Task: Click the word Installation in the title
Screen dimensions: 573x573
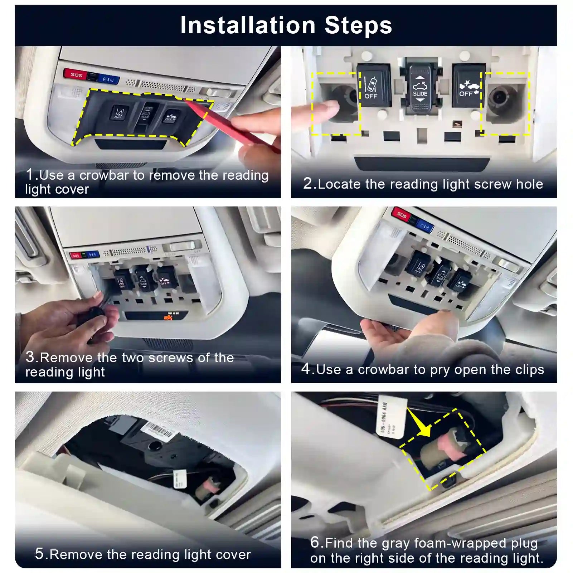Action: [x=248, y=25]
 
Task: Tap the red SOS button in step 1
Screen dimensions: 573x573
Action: [x=76, y=74]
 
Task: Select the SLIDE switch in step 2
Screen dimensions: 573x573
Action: [x=420, y=89]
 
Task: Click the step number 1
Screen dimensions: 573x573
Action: [x=30, y=175]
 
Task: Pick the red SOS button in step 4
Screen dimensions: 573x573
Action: [x=402, y=215]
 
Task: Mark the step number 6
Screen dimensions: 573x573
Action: [x=315, y=542]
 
